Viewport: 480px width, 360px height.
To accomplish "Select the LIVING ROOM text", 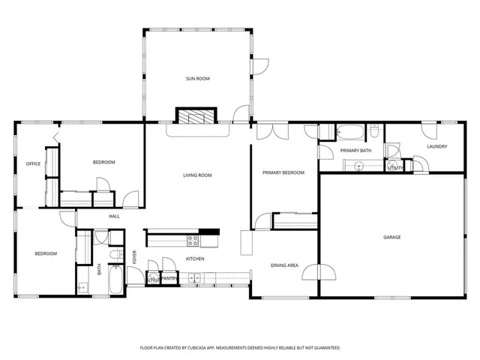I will coord(197,175).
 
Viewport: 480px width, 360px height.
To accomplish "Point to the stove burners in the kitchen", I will coord(193,241).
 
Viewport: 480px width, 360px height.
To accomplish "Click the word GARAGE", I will coord(391,237).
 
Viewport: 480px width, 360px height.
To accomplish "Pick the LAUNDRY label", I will coord(436,146).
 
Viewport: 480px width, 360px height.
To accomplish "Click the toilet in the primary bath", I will coord(373,133).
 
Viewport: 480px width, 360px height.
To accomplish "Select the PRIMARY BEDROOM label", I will coord(283,172).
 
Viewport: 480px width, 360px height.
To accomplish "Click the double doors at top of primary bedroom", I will coord(268,131).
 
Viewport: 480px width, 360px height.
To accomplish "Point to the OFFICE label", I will coord(33,163).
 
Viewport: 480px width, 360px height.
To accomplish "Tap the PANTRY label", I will coord(169,279).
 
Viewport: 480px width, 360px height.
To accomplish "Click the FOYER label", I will coord(135,257).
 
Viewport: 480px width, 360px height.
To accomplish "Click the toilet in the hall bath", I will coord(115,256).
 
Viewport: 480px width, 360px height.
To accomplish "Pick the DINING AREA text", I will coord(284,265).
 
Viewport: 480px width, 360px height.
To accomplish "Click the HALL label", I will coord(114,216).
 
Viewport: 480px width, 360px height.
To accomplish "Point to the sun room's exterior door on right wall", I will coord(259,66).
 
